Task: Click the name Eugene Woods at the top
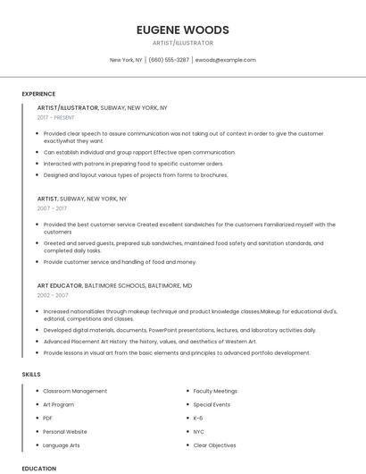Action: pyautogui.click(x=182, y=30)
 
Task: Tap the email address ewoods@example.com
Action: pyautogui.click(x=225, y=60)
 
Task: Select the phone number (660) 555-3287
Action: pyautogui.click(x=169, y=60)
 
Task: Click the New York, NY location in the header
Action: pyautogui.click(x=126, y=60)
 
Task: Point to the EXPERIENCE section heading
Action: pyautogui.click(x=38, y=94)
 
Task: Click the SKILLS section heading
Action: pyautogui.click(x=31, y=374)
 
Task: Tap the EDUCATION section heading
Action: pyautogui.click(x=38, y=468)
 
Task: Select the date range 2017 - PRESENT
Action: pyautogui.click(x=57, y=117)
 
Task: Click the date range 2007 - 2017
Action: pyautogui.click(x=52, y=207)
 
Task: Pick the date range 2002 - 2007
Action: pyautogui.click(x=53, y=294)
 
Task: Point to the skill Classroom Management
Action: pyautogui.click(x=75, y=391)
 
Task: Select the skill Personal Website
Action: pyautogui.click(x=65, y=431)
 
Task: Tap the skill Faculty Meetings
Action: pyautogui.click(x=215, y=391)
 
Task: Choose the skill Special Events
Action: pyautogui.click(x=212, y=404)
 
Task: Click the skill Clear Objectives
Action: pyautogui.click(x=214, y=444)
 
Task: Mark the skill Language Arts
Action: pyautogui.click(x=62, y=444)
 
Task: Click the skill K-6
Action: pyautogui.click(x=198, y=418)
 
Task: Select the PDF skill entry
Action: pyautogui.click(x=48, y=418)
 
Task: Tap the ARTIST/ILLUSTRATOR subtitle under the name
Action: pyautogui.click(x=182, y=43)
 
